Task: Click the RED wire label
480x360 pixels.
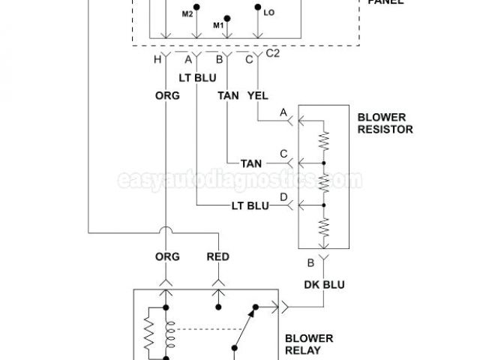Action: [217, 256]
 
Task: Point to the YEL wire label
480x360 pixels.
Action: [257, 95]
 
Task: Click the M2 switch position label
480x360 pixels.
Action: [187, 14]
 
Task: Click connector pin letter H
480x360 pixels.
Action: [157, 60]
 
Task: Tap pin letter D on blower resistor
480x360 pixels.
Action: [283, 196]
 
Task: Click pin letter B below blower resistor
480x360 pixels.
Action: [310, 262]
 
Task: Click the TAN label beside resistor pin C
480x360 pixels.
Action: [251, 163]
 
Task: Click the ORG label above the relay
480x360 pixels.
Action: [167, 256]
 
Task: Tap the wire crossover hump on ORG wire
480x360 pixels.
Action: [163, 232]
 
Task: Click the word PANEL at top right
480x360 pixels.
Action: [385, 3]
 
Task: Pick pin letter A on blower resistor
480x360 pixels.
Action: [283, 112]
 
